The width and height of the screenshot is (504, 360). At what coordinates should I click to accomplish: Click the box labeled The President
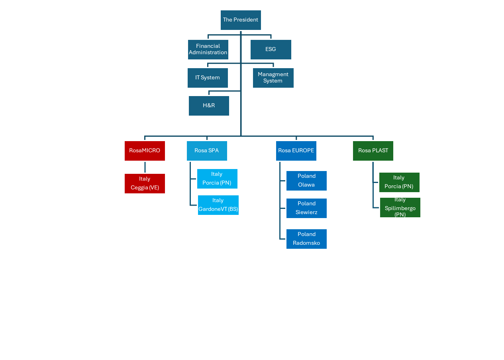click(x=241, y=20)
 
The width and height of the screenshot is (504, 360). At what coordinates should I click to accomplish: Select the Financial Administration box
click(x=208, y=49)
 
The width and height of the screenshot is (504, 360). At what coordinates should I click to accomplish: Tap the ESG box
click(x=271, y=49)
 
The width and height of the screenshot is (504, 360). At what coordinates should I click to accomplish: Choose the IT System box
click(x=208, y=78)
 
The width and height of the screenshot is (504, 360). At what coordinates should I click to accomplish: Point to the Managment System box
click(x=273, y=78)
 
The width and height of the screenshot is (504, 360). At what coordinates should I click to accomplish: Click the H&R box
click(x=209, y=106)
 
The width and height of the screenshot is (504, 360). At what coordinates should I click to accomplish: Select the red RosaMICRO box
click(x=145, y=151)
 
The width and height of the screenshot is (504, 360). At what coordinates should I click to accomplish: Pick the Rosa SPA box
click(x=207, y=151)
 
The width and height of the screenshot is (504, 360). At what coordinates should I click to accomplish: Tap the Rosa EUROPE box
click(x=296, y=151)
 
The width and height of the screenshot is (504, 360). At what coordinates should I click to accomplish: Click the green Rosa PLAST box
click(x=373, y=151)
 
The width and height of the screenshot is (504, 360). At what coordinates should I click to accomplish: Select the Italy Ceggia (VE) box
click(x=145, y=183)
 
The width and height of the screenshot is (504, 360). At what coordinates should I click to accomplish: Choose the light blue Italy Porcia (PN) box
click(x=217, y=179)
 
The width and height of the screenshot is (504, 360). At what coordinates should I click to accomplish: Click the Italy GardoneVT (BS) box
click(x=218, y=205)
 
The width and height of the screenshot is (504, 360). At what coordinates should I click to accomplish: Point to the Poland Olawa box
click(x=307, y=181)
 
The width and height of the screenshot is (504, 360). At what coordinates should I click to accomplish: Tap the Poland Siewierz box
click(x=307, y=208)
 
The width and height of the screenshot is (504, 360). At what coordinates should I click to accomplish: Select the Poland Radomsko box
click(x=307, y=239)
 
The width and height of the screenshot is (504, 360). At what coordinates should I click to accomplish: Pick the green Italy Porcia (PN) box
click(x=399, y=182)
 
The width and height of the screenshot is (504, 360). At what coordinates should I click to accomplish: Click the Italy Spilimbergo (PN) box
click(x=400, y=208)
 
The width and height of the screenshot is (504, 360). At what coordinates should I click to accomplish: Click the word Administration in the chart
click(x=208, y=53)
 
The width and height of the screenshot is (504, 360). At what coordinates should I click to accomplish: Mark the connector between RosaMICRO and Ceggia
click(x=145, y=167)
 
